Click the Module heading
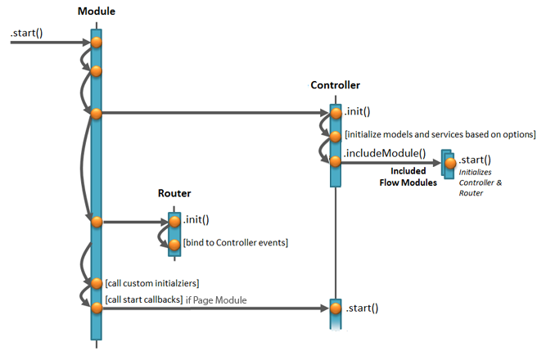(96, 11)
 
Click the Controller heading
(335, 84)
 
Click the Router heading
(174, 193)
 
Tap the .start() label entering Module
(27, 33)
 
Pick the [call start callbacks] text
(147, 299)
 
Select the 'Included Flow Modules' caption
(408, 177)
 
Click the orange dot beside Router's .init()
(174, 221)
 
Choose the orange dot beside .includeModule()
(335, 161)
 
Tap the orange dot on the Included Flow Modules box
(450, 163)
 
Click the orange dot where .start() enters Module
(96, 42)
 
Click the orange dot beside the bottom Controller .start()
(335, 308)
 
